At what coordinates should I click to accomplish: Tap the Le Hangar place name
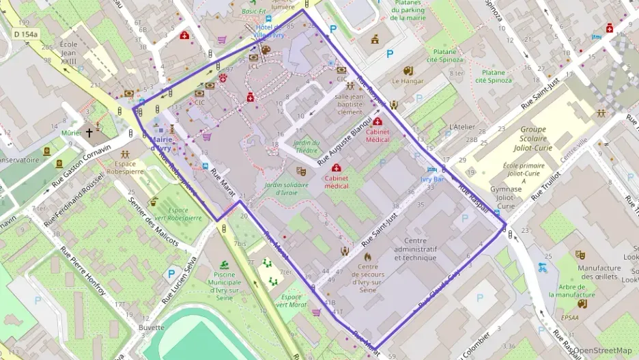(408, 81)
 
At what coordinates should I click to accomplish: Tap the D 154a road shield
(26, 33)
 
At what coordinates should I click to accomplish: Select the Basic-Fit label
(253, 12)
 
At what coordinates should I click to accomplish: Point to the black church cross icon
(89, 133)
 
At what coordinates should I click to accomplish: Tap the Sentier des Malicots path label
(154, 223)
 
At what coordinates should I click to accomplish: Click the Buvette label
(151, 327)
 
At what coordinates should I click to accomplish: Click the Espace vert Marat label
(292, 301)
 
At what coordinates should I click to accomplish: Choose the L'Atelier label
(462, 127)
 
